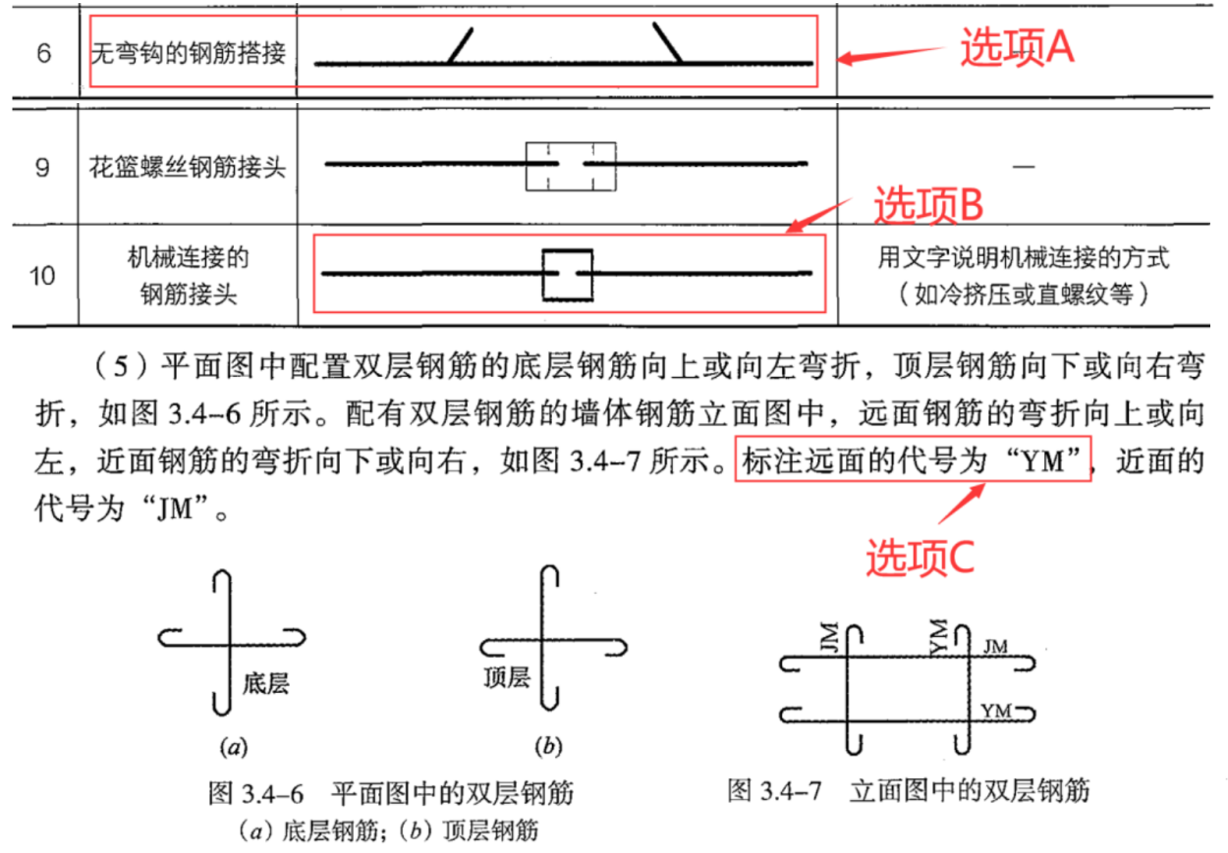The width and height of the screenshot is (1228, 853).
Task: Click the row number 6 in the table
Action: pos(44,53)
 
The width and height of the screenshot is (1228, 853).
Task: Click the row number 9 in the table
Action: pos(43,167)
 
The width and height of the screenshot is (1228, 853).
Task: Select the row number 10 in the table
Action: pos(41,276)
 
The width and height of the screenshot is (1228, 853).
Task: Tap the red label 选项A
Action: pos(1017,48)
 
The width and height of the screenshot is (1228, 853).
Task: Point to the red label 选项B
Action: pos(928,204)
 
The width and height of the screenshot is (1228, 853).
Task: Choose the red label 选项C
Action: pos(920,558)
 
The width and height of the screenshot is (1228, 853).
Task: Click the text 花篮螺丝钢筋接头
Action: pos(188,167)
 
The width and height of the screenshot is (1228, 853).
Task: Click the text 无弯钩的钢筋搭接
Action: pos(189,53)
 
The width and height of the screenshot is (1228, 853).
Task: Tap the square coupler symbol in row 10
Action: pos(568,275)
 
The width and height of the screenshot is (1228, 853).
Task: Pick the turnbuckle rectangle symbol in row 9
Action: pos(571,167)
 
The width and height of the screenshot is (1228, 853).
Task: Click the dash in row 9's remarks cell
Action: pos(1023,166)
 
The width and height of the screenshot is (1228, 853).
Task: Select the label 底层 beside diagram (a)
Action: pos(266,683)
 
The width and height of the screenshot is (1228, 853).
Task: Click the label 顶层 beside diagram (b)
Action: pos(507,676)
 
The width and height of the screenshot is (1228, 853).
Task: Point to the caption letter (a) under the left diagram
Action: pos(234,747)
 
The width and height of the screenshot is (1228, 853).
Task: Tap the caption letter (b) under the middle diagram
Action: pos(549,746)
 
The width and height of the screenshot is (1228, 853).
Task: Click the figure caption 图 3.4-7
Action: pos(775,790)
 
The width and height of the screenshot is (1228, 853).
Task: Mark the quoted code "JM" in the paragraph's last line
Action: pos(175,507)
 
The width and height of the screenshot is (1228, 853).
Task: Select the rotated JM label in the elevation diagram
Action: pos(830,637)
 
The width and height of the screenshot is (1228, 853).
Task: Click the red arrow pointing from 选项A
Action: pos(891,54)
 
